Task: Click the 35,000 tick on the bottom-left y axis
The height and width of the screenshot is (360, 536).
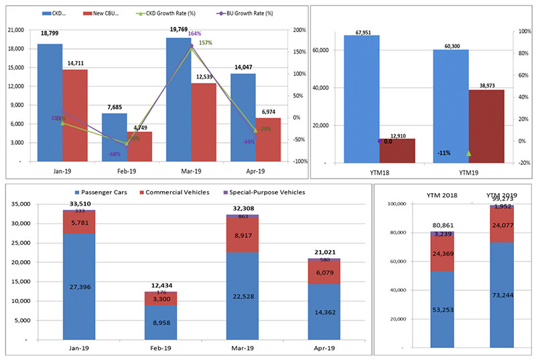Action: coord(20,204)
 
